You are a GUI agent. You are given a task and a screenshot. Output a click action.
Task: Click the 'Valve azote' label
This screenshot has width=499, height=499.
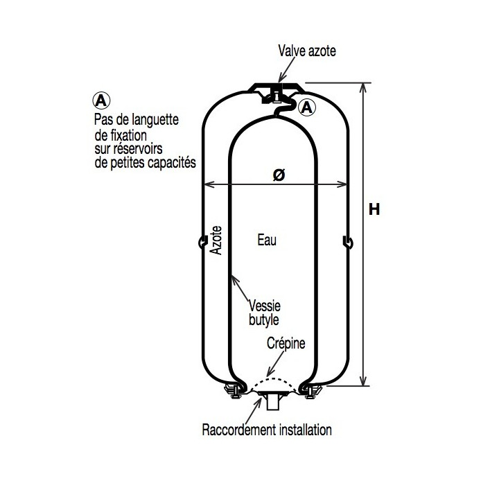click(307, 51)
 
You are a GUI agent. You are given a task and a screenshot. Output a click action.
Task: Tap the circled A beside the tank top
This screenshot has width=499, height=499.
click(307, 107)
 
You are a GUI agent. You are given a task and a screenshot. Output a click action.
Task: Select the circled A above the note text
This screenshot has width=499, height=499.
click(101, 100)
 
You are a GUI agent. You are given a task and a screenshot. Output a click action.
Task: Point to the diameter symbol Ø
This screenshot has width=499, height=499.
click(279, 175)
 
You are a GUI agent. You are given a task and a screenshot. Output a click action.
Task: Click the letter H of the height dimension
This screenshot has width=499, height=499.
click(374, 210)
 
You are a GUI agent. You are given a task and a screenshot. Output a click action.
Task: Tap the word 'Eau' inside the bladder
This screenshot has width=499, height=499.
click(267, 240)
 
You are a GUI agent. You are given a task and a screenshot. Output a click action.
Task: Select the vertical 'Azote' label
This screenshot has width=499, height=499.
click(216, 240)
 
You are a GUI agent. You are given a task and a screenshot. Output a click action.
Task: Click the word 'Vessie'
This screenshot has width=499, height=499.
click(265, 306)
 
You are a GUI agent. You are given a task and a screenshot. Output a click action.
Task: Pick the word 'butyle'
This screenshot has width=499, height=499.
click(263, 319)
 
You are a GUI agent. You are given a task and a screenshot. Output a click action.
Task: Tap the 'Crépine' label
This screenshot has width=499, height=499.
click(286, 343)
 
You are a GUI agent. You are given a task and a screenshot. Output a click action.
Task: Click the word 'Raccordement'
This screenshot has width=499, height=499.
click(239, 430)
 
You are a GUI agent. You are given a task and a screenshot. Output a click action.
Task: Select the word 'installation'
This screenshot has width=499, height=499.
click(306, 430)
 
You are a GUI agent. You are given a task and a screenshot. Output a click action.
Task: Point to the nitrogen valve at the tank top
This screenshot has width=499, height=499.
click(276, 95)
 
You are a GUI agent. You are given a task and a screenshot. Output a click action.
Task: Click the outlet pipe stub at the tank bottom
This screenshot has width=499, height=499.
click(273, 403)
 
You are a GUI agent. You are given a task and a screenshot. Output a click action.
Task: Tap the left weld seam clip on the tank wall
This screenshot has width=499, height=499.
click(202, 243)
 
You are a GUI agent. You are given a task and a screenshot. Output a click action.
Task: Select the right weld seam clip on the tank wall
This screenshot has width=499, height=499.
click(348, 243)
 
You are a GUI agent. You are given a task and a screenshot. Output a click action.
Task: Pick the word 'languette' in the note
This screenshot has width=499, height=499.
click(155, 121)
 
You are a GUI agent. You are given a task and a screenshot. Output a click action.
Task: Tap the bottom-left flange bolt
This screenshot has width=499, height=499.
click(234, 391)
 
